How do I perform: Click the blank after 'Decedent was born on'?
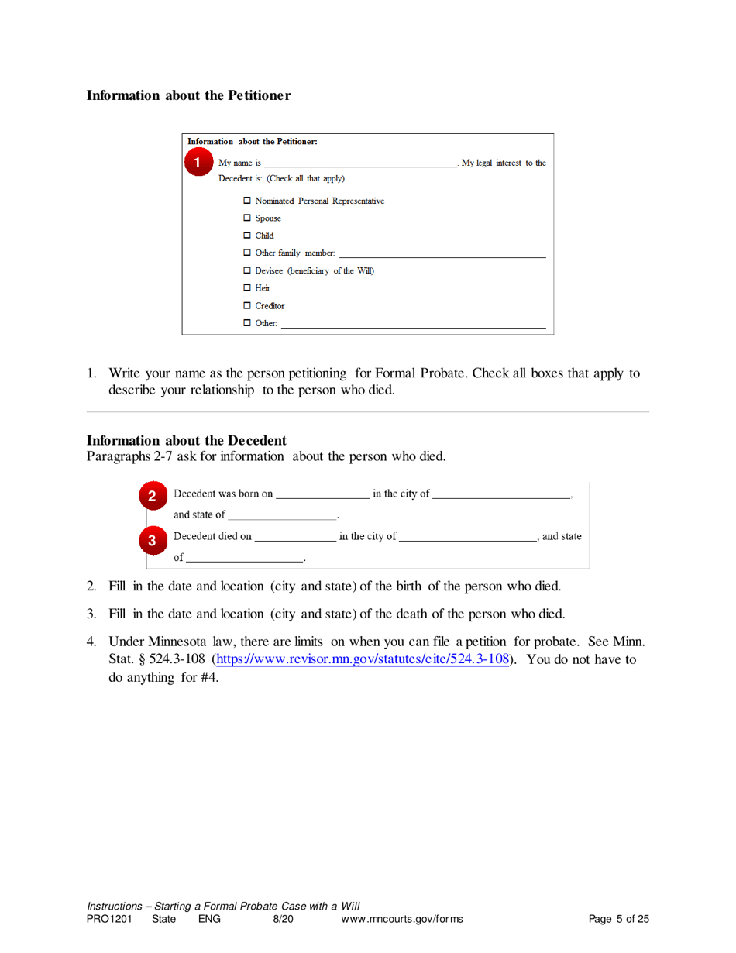point(322,494)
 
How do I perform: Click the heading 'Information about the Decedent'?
point(187,441)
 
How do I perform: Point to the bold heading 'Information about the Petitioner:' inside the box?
point(252,142)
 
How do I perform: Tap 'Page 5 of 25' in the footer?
point(618,919)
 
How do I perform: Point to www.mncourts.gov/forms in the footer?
point(402,919)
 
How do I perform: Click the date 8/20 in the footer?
point(281,919)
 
